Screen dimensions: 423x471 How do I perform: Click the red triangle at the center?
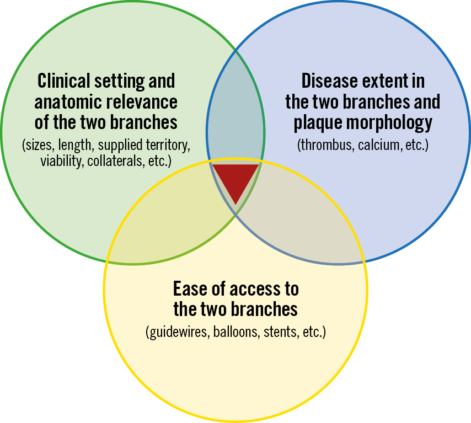pyautogui.click(x=235, y=180)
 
